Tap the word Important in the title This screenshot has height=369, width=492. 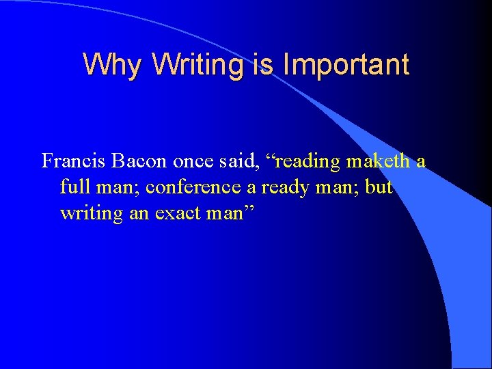[x=346, y=65]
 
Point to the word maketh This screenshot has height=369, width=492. [x=378, y=161]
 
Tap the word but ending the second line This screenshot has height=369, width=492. [x=379, y=187]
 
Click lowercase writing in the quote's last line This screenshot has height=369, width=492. [x=88, y=213]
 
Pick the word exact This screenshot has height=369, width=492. [x=178, y=213]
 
